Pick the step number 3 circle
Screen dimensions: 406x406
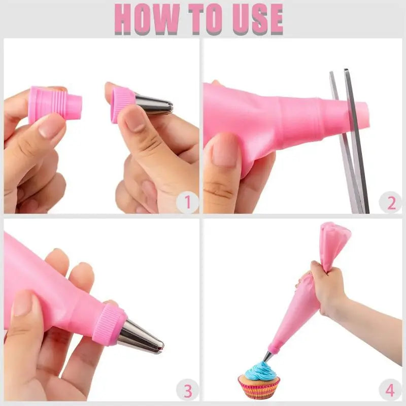[x=187, y=390]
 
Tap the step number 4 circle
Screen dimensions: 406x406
[x=390, y=390]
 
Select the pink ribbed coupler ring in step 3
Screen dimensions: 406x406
[x=109, y=325]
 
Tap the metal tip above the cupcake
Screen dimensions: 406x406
[x=267, y=357]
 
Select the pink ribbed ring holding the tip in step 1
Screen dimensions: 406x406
[x=122, y=105]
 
